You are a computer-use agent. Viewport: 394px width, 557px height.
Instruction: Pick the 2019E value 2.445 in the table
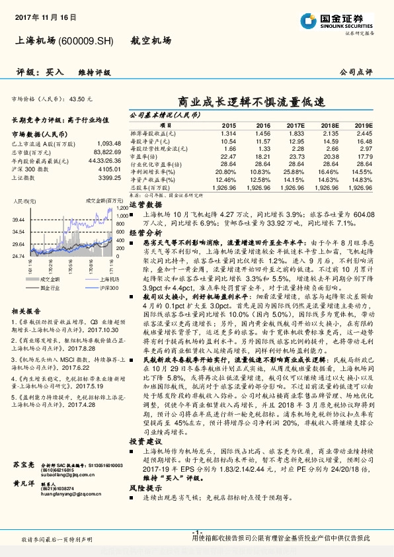364,133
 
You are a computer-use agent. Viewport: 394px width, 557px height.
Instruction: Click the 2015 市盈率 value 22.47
229,156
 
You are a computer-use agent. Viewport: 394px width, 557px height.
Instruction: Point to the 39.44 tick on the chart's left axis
19,219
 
